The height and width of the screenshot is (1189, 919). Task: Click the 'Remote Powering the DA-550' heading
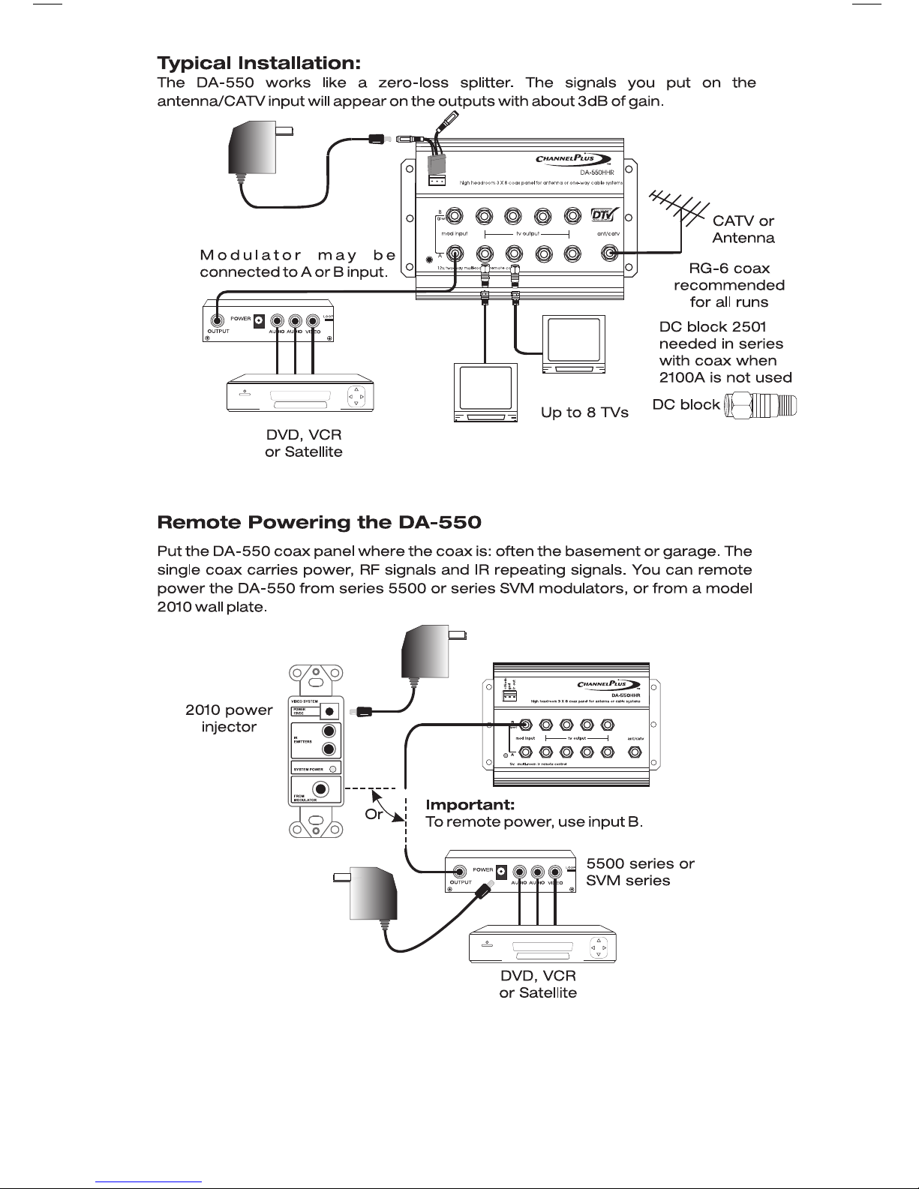[x=319, y=522]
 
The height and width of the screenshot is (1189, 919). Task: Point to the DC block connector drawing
[x=761, y=405]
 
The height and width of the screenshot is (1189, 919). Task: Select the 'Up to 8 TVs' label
[x=584, y=413]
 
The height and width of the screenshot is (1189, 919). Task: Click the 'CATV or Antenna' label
[x=743, y=230]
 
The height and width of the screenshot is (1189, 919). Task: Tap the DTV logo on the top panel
[x=605, y=215]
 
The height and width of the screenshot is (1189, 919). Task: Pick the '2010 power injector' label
[x=229, y=719]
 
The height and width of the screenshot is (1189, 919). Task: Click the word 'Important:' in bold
[x=470, y=805]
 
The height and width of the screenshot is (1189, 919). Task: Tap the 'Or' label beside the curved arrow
[x=374, y=815]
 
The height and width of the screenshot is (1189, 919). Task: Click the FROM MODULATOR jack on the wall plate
[x=323, y=789]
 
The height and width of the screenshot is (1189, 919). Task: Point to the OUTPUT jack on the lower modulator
[x=461, y=872]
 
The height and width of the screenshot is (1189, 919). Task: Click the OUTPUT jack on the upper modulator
[x=218, y=320]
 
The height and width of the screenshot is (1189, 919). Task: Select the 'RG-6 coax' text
[x=729, y=269]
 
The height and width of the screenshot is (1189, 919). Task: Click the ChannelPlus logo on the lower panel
[x=608, y=684]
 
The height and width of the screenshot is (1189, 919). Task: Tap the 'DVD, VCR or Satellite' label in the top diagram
[x=304, y=443]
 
